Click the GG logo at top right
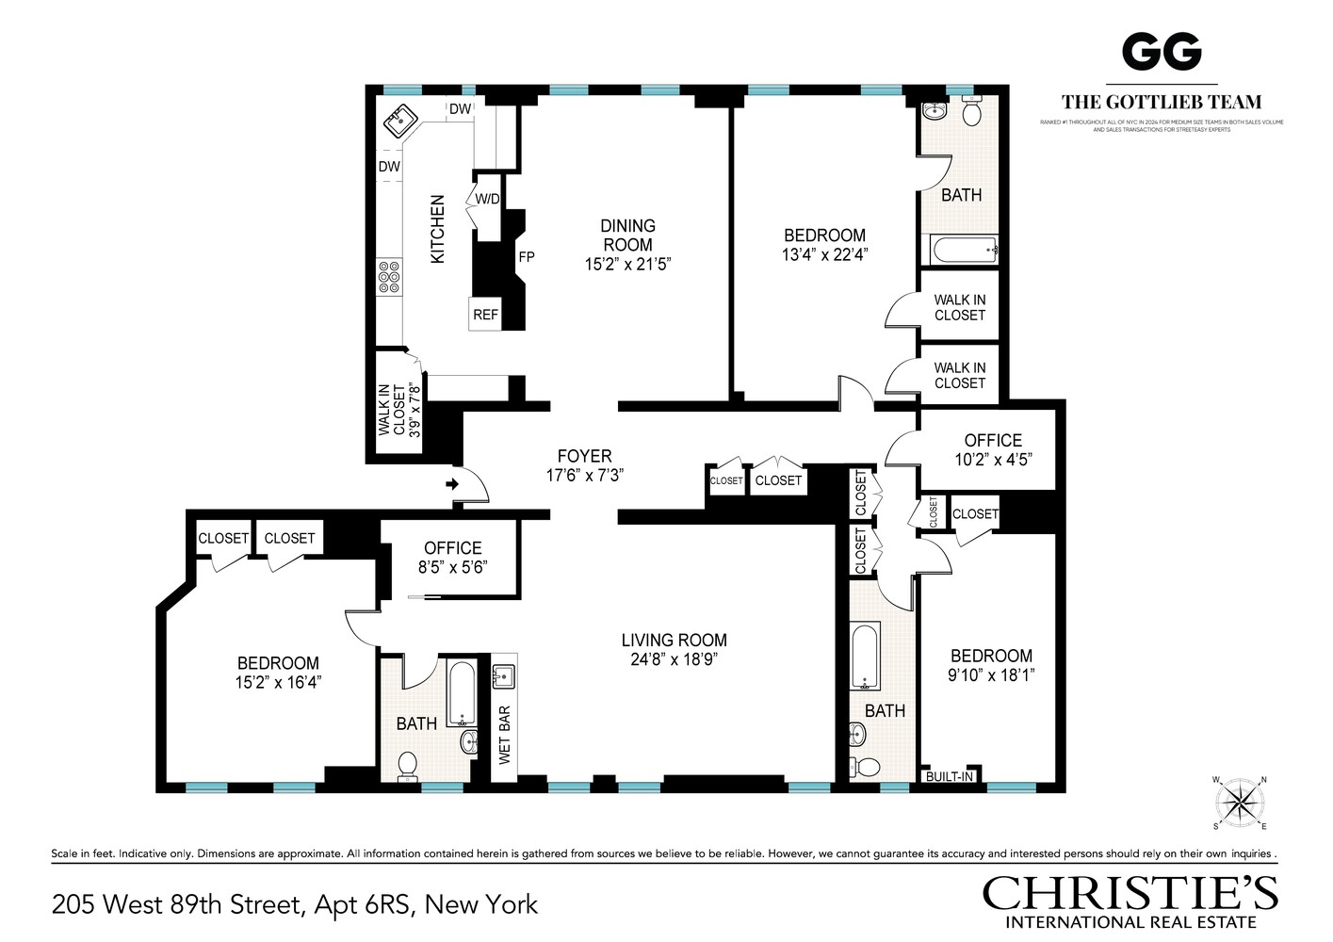pos(1162,52)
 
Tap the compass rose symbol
pos(1242,803)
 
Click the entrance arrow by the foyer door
pos(451,484)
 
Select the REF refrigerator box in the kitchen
pos(485,315)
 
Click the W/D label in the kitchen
pos(487,199)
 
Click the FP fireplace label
pos(526,257)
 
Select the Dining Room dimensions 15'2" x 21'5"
pos(627,265)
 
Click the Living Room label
pos(674,641)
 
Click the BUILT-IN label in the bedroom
pos(949,777)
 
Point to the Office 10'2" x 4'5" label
pos(993,449)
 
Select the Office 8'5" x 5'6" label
pos(452,557)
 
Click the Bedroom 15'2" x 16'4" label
pos(278,673)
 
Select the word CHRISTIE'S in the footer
pos(1130,892)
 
